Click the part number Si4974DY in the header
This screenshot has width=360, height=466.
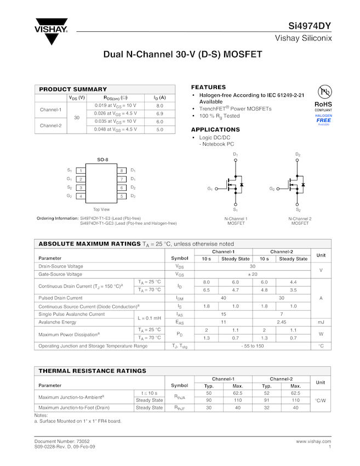310,26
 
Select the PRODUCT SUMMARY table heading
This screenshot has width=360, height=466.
73,89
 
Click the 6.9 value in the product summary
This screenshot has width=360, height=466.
160,113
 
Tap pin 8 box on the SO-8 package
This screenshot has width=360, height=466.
122,171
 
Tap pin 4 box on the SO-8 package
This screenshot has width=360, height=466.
81,196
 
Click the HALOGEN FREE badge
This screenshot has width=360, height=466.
323,120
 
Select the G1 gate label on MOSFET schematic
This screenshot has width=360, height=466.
210,189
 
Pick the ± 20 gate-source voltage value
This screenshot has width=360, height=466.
253,274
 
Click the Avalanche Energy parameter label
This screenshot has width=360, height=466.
57,322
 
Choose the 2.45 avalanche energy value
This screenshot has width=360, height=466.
282,322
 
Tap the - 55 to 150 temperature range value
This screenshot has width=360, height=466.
253,346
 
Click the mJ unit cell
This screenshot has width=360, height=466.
321,322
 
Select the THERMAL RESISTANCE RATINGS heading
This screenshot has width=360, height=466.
92,371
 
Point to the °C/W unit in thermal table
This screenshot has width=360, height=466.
321,400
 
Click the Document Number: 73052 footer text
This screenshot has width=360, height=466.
62,441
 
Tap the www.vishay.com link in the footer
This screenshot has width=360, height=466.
313,441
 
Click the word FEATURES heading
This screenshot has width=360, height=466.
208,87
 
